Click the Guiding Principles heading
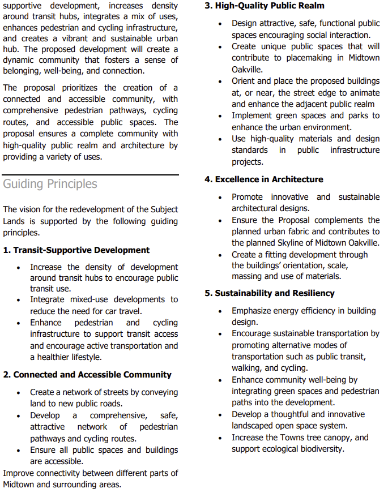(x=50, y=184)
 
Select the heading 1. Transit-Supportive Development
(x=76, y=250)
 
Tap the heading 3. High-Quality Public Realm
(x=264, y=6)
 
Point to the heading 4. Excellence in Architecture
(x=263, y=179)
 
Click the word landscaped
(x=255, y=426)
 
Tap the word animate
(x=364, y=92)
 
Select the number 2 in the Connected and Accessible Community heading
(x=6, y=375)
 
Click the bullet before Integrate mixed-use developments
(x=19, y=299)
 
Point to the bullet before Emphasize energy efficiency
(x=220, y=311)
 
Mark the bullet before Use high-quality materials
(x=220, y=139)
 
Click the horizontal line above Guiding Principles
(x=91, y=174)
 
